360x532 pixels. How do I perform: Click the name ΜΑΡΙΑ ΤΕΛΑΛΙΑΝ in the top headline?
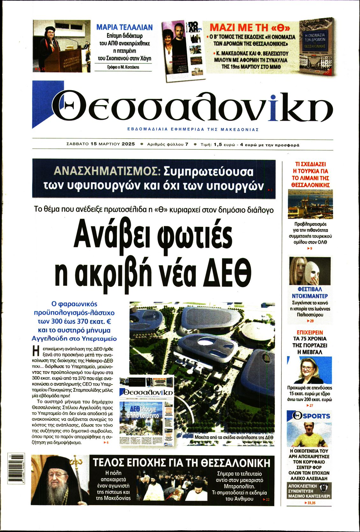[124, 27]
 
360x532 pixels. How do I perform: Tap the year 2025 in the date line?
[128, 144]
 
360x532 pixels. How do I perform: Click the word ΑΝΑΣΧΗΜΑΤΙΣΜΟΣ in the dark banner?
[107, 171]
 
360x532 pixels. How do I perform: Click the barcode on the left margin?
[11, 470]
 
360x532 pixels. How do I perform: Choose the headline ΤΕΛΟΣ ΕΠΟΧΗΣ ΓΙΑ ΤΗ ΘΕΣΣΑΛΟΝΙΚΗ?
[181, 463]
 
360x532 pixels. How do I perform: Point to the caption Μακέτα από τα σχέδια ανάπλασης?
[234, 437]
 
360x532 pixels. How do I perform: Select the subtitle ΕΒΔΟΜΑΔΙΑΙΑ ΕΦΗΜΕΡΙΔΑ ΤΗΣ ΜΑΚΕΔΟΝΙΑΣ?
[193, 130]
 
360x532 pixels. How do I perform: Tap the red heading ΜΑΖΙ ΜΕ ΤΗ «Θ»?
[249, 27]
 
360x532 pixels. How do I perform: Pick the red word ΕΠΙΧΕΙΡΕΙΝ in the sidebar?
[310, 332]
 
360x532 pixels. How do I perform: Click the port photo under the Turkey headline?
[310, 204]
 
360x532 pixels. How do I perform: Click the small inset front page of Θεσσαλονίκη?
[147, 412]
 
